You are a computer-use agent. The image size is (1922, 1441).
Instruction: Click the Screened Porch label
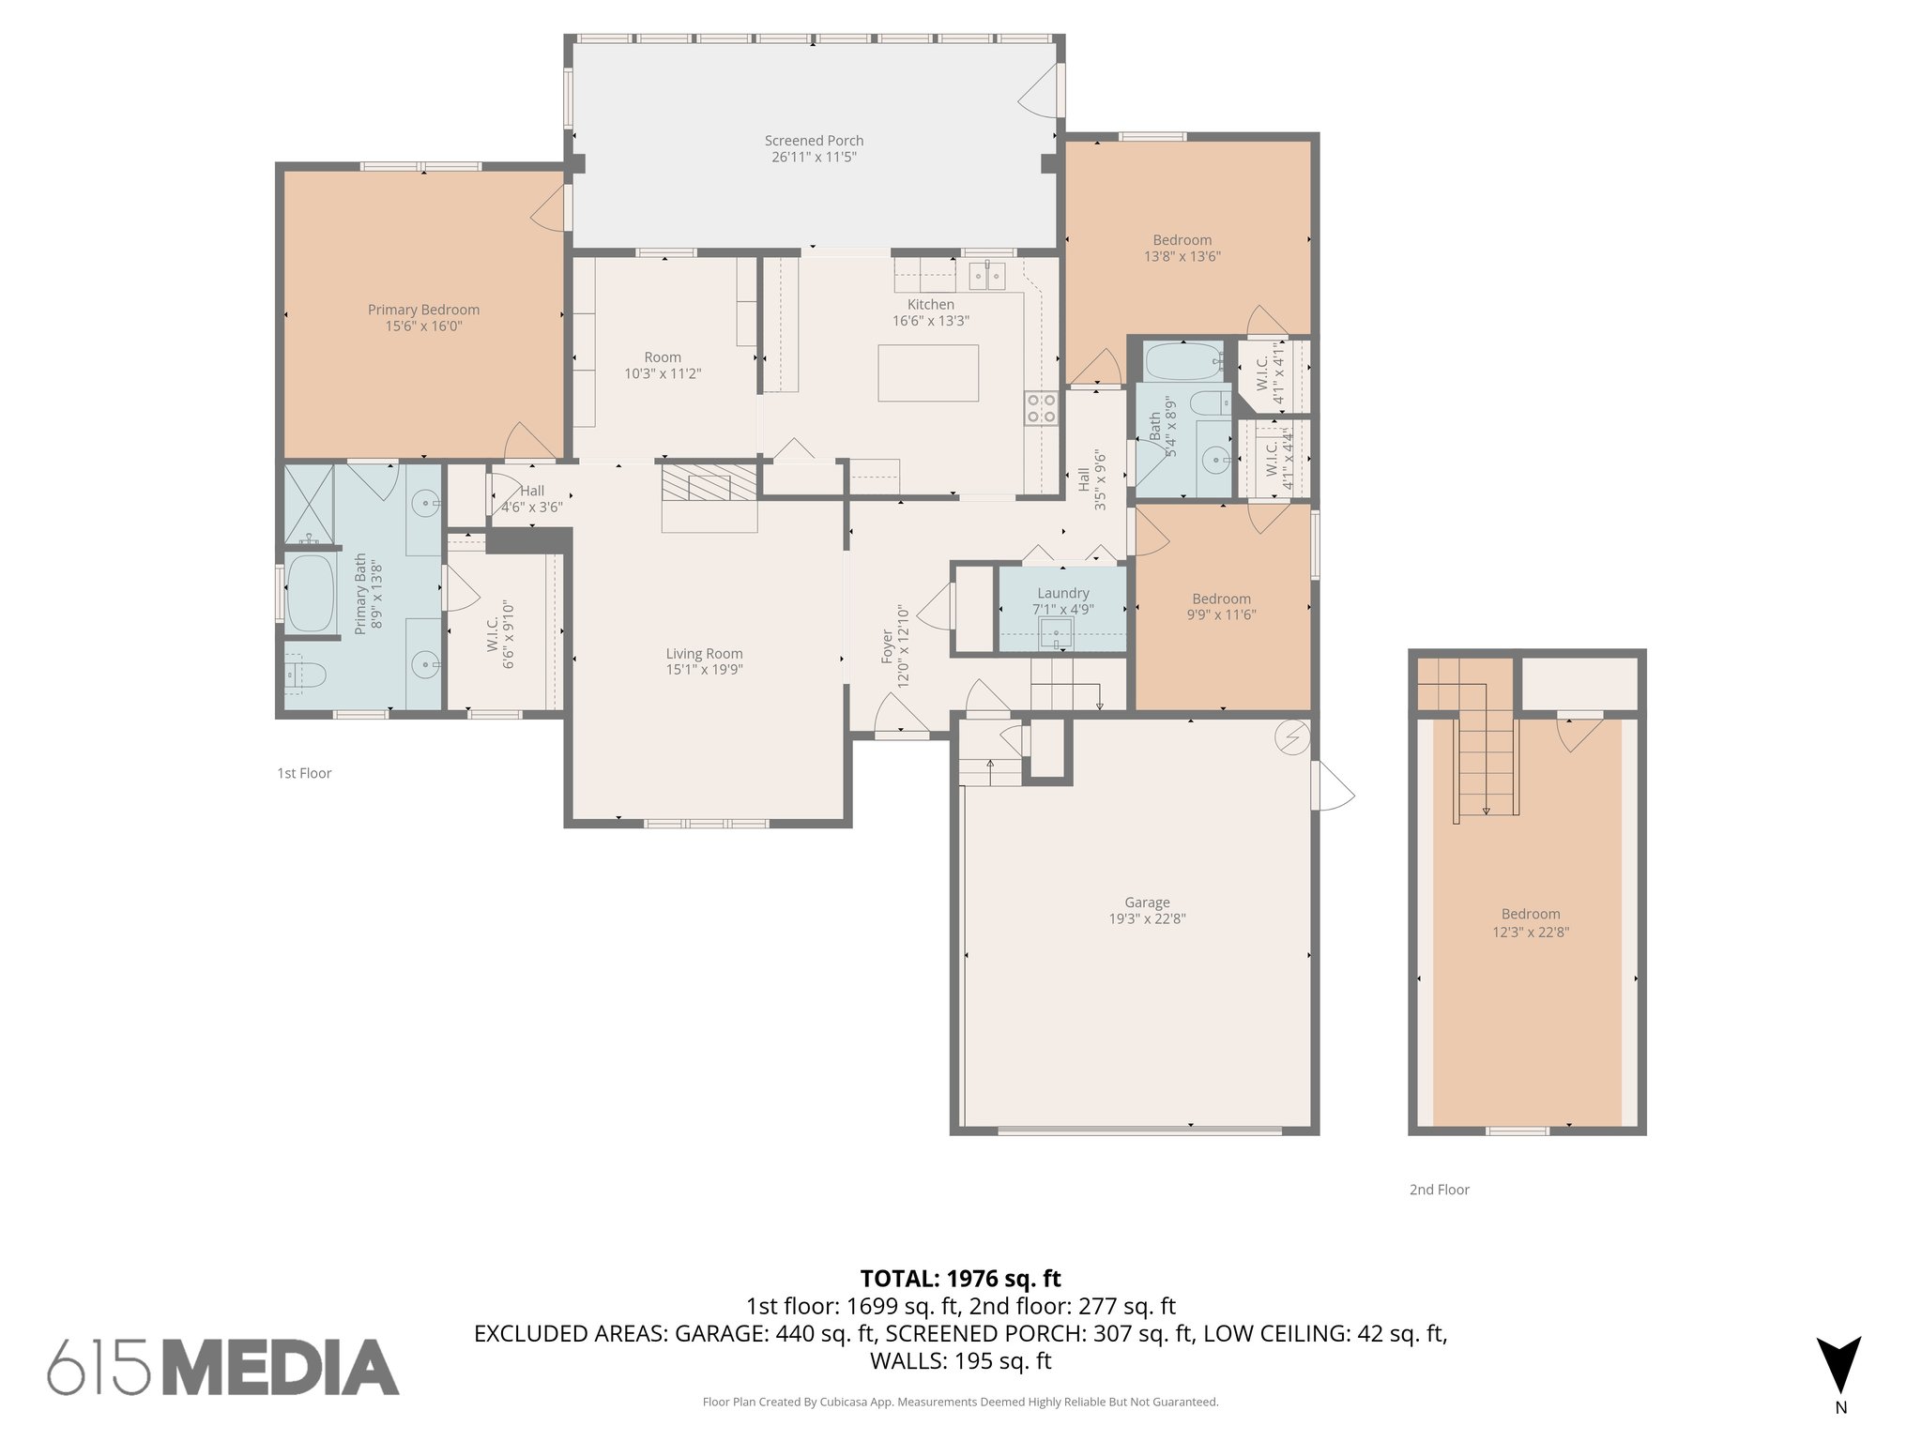(x=814, y=141)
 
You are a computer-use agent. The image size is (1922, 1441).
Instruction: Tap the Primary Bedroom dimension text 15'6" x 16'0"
(x=423, y=326)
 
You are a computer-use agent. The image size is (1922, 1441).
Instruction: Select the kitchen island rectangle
(x=927, y=372)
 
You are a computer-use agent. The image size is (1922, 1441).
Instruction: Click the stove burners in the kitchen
(x=1040, y=408)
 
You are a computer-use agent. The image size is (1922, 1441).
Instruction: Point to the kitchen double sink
(x=986, y=276)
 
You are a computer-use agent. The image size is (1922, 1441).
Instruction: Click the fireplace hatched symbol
(x=709, y=484)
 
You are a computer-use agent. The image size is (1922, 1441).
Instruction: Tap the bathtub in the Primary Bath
(x=310, y=594)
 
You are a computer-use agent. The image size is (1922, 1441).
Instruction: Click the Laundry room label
(x=1062, y=593)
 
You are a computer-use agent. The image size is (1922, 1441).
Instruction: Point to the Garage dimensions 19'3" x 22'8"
(x=1147, y=918)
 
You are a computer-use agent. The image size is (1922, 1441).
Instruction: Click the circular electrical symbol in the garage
(x=1290, y=738)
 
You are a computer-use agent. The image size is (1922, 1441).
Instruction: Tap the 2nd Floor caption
(x=1439, y=1190)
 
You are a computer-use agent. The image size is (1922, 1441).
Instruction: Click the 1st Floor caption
(x=304, y=773)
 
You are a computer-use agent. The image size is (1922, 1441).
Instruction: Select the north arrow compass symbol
(x=1838, y=1366)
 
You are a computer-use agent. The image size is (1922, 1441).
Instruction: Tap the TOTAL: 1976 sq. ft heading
(x=960, y=1279)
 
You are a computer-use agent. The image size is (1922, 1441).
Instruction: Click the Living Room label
(x=704, y=654)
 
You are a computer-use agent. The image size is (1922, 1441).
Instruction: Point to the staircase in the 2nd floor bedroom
(x=1486, y=765)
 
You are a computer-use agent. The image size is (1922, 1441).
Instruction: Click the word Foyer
(x=888, y=647)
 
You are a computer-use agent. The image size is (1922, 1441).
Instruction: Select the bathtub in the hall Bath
(x=1181, y=360)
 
